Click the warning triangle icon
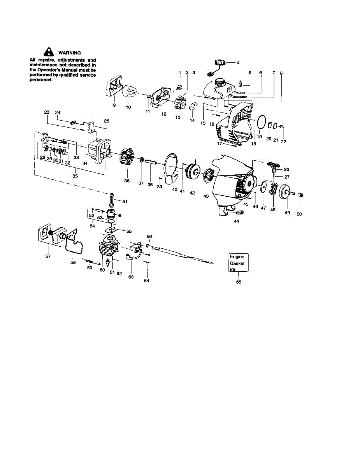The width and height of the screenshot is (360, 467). [x=49, y=52]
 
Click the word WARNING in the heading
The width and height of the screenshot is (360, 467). [x=70, y=53]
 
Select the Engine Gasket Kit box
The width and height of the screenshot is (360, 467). [x=239, y=263]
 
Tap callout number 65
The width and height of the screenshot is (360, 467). [x=239, y=282]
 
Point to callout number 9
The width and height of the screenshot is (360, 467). [x=114, y=105]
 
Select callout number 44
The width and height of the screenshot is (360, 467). [x=236, y=221]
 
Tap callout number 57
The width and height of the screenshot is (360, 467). [x=48, y=256]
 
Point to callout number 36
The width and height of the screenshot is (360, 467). [x=127, y=181]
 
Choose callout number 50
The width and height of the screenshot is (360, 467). [x=299, y=214]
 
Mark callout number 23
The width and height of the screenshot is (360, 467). [x=47, y=112]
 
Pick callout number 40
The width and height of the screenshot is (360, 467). [x=175, y=190]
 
